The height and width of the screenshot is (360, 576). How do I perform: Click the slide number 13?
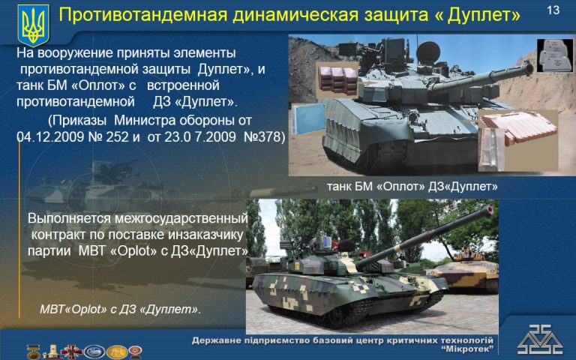point(553,10)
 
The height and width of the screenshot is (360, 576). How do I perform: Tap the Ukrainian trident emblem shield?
point(33,25)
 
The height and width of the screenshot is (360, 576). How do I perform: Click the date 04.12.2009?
point(50,136)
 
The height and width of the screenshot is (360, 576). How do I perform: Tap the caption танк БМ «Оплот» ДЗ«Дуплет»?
point(412,187)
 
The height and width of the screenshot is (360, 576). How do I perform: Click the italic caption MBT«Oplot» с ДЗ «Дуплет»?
point(121,309)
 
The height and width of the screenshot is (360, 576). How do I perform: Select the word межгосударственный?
point(181,218)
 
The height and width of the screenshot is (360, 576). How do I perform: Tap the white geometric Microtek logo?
point(540,340)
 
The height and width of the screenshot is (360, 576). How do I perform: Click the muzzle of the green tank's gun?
point(529,68)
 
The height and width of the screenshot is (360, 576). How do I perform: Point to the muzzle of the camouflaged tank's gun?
point(489,210)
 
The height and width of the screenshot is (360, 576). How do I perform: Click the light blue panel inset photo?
point(308,119)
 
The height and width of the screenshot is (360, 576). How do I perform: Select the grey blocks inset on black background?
point(555,55)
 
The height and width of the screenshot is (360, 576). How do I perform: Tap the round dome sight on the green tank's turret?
point(428,52)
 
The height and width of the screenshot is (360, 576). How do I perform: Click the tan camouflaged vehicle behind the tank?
point(463,271)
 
